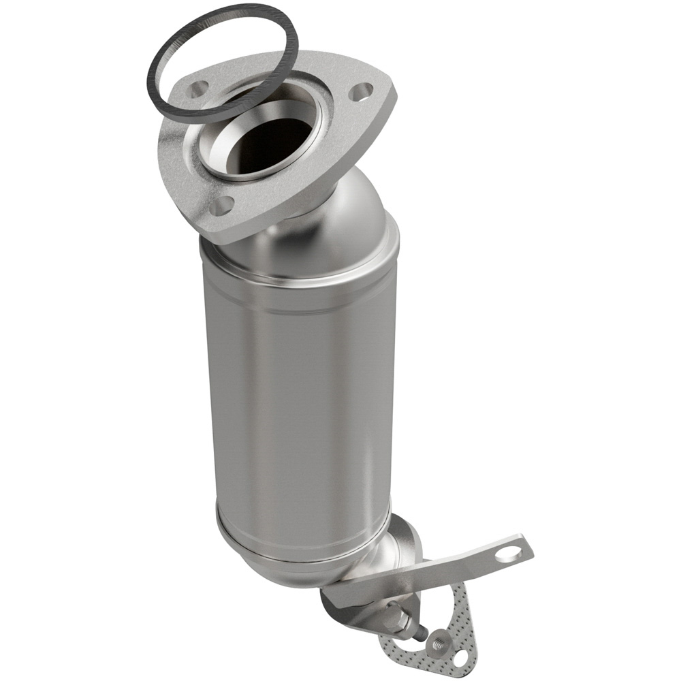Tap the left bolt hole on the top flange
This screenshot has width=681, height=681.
coord(198,88)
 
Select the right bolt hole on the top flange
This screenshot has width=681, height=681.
coord(362,91)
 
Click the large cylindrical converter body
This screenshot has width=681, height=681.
coord(300,395)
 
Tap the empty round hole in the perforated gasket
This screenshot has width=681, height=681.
coord(461,658)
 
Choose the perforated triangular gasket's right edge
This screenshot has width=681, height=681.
coord(473,627)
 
